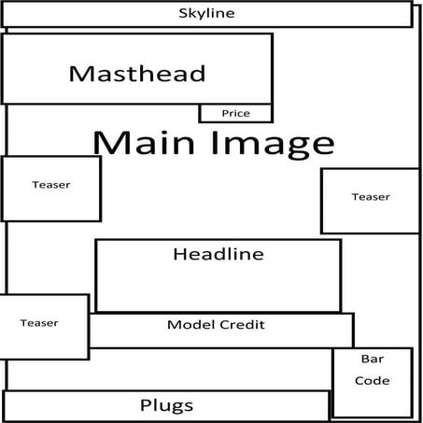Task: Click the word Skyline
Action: [x=206, y=13]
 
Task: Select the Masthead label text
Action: [x=137, y=74]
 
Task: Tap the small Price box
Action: [x=235, y=113]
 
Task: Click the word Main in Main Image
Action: [x=144, y=143]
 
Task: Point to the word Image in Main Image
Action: [x=273, y=145]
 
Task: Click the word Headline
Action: [x=219, y=254]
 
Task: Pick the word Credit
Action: [x=242, y=325]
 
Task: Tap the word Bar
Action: [x=373, y=359]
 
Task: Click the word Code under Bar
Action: [x=373, y=380]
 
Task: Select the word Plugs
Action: [x=166, y=406]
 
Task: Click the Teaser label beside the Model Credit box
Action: [x=39, y=323]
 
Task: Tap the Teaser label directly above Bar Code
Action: [x=371, y=197]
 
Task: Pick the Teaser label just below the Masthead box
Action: [x=51, y=185]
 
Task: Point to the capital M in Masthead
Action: [x=79, y=74]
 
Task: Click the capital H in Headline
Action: [x=179, y=254]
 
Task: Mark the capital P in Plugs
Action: [x=145, y=404]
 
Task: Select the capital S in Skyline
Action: [x=183, y=13]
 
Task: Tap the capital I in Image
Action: [x=215, y=143]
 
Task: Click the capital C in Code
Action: [x=360, y=381]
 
